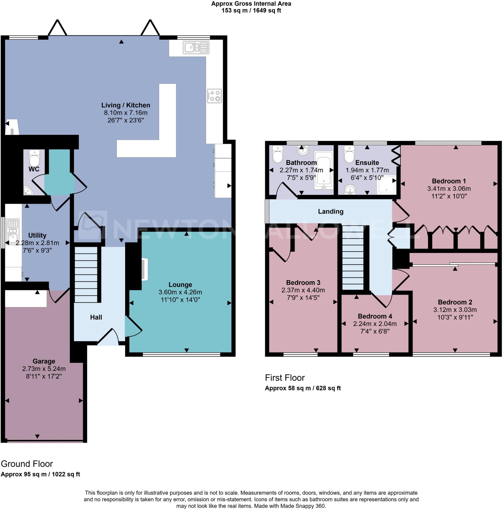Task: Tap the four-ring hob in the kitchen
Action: click(214, 96)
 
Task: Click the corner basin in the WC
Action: click(27, 191)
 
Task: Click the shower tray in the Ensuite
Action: click(387, 184)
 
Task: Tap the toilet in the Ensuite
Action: click(349, 155)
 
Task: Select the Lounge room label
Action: click(180, 284)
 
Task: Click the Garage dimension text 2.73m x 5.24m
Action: click(44, 369)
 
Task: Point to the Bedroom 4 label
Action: click(375, 316)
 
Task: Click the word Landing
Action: click(330, 211)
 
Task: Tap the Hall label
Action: click(96, 317)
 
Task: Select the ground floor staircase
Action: click(86, 274)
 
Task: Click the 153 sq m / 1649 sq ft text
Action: click(251, 10)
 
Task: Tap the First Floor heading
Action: click(284, 378)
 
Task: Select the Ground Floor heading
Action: click(27, 464)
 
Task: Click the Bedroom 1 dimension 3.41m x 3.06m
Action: click(449, 188)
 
